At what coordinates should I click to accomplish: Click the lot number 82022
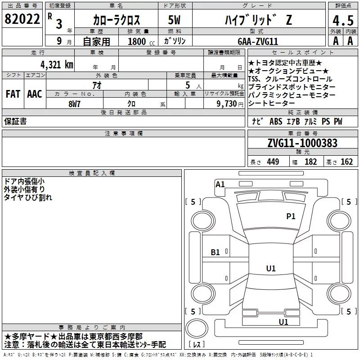tap(22, 19)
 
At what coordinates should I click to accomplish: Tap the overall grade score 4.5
tap(343, 21)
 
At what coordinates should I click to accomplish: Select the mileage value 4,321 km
tap(57, 65)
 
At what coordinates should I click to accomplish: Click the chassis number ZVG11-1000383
tap(302, 143)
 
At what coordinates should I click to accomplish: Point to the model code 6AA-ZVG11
tap(258, 41)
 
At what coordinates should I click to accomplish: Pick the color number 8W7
tap(74, 104)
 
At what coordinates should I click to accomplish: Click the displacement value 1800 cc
tap(141, 41)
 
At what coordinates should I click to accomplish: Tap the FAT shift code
tap(13, 94)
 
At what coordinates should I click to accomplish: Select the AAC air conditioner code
tap(35, 94)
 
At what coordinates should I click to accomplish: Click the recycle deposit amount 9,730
tap(226, 104)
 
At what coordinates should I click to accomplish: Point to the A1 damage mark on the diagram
tap(220, 184)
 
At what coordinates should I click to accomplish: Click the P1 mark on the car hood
tap(291, 216)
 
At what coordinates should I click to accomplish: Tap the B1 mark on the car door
tap(215, 252)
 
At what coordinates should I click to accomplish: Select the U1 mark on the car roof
tap(271, 268)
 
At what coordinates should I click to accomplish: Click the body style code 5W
tap(174, 20)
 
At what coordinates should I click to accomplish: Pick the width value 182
tap(310, 162)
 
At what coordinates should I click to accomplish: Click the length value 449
tap(273, 162)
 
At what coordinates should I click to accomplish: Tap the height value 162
tap(346, 162)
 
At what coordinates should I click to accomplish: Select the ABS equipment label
tap(276, 121)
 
